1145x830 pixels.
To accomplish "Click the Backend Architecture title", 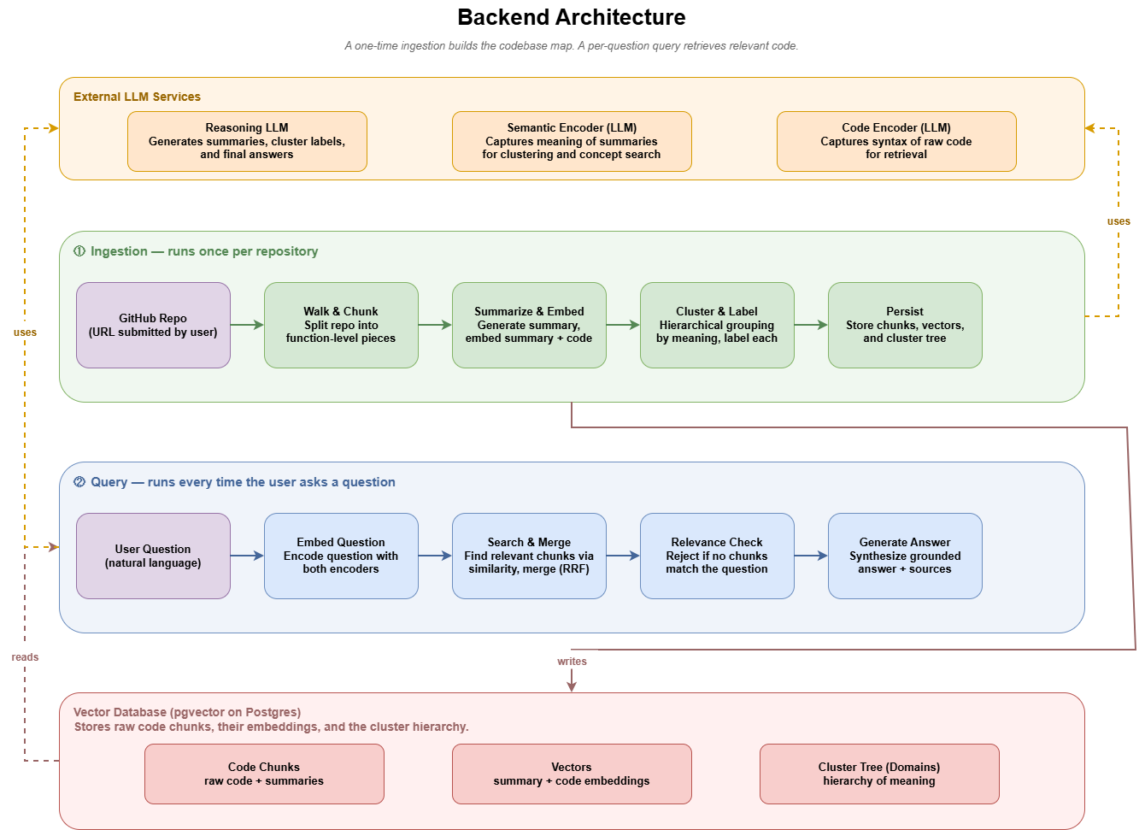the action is (x=571, y=17).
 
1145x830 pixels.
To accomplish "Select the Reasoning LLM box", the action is (x=248, y=141).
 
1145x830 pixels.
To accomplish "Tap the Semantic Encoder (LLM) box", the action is (x=572, y=141).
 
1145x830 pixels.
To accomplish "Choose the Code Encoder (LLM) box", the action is (x=896, y=141).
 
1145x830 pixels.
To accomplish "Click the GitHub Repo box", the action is (x=153, y=326).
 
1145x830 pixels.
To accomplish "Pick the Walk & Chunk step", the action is (x=341, y=326).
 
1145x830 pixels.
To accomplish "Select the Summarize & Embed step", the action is (x=529, y=326).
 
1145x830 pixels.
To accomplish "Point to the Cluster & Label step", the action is (x=717, y=326).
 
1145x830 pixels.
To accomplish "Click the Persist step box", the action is (x=905, y=326).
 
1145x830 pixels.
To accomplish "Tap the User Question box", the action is (x=153, y=556).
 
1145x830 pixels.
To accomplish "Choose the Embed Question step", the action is (x=341, y=556).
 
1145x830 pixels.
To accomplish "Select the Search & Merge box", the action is (x=529, y=556).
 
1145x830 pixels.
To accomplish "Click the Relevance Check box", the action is (x=717, y=556).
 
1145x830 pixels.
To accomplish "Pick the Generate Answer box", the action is (x=905, y=556).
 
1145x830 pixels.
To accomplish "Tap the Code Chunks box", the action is (x=264, y=774).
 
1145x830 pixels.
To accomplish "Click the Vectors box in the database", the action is (x=572, y=774).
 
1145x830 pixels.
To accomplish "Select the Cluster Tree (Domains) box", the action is (x=879, y=774).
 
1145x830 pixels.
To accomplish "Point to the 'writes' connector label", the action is (x=572, y=662).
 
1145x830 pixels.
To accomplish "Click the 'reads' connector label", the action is (x=25, y=657).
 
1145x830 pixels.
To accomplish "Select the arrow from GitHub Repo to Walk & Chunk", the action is (x=248, y=325).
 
